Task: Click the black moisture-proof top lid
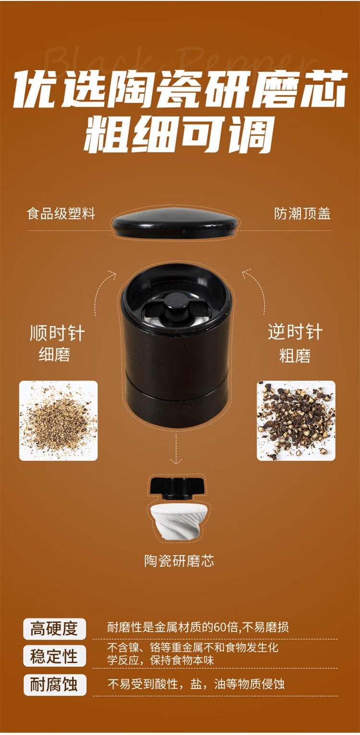tap(175, 224)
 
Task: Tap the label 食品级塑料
tap(61, 213)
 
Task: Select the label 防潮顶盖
tap(302, 213)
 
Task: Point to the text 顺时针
tap(57, 333)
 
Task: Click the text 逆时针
tap(295, 332)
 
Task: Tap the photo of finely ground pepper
tap(58, 421)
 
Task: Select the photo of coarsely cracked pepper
tap(296, 421)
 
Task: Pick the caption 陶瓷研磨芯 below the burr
tap(179, 561)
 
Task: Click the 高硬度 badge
tap(54, 628)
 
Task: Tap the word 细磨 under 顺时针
tap(55, 355)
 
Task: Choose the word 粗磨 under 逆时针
tap(295, 356)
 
